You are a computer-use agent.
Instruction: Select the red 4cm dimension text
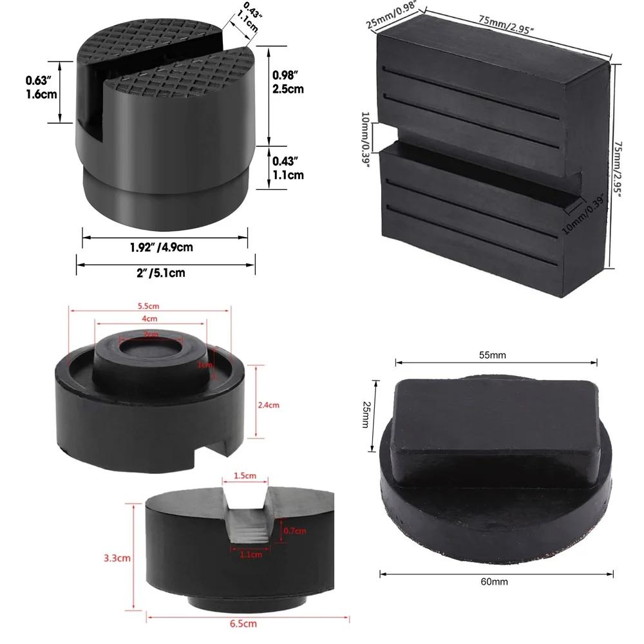149,319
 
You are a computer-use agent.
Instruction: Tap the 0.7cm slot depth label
295,531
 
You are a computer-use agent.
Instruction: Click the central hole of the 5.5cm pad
151,352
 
